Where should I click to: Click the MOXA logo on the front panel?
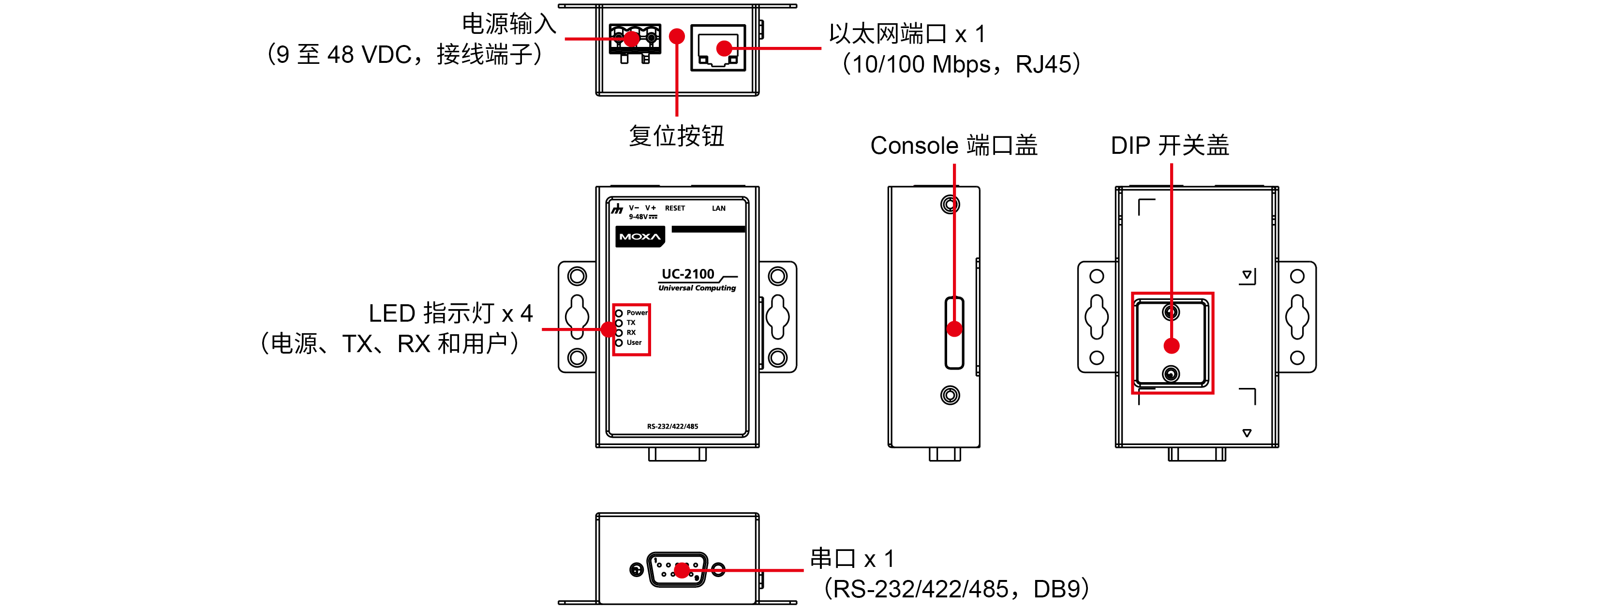pyautogui.click(x=639, y=237)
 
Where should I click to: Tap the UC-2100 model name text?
pyautogui.click(x=687, y=274)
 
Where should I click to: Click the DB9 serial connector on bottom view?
pyautogui.click(x=677, y=570)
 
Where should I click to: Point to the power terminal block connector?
pyautogui.click(x=635, y=40)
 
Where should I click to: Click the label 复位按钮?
pyautogui.click(x=676, y=136)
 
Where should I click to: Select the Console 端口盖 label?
pyautogui.click(x=953, y=145)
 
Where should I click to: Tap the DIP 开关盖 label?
pyautogui.click(x=1169, y=145)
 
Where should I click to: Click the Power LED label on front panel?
pyautogui.click(x=637, y=312)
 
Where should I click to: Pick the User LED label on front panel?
pyautogui.click(x=634, y=343)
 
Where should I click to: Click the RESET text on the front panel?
pyautogui.click(x=675, y=208)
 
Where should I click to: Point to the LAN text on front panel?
pyautogui.click(x=718, y=208)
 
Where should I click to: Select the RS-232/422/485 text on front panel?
pyautogui.click(x=672, y=427)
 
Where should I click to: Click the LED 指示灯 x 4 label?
pyautogui.click(x=450, y=313)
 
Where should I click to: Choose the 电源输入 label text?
pyautogui.click(x=509, y=24)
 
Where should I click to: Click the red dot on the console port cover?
pyautogui.click(x=954, y=329)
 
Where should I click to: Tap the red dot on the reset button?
pyautogui.click(x=677, y=36)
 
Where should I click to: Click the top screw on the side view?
pyautogui.click(x=950, y=205)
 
